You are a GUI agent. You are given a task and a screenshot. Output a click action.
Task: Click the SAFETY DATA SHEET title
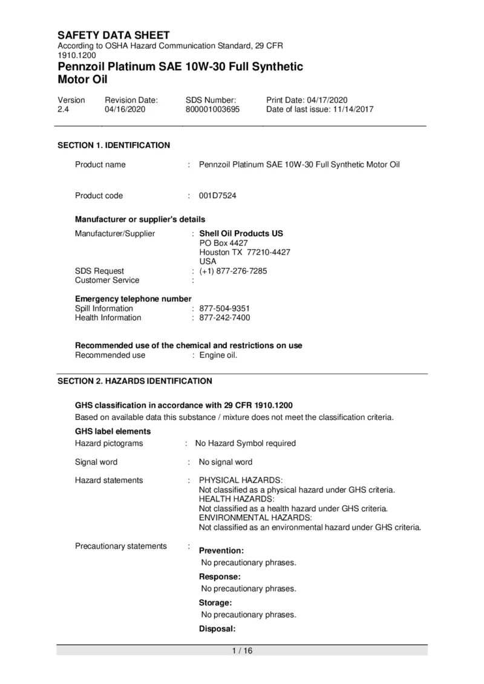click(x=113, y=36)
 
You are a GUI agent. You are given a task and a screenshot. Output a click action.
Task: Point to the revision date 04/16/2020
click(x=125, y=109)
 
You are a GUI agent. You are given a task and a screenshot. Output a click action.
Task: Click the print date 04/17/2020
click(x=327, y=100)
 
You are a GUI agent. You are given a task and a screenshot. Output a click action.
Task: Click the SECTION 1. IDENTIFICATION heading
click(x=114, y=145)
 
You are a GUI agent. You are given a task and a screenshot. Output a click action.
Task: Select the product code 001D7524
click(x=217, y=196)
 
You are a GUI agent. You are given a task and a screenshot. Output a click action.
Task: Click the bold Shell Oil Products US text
click(x=241, y=233)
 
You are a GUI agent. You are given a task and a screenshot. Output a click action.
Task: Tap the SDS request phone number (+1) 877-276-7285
click(x=233, y=271)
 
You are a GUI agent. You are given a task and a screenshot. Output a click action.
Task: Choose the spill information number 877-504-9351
click(x=224, y=308)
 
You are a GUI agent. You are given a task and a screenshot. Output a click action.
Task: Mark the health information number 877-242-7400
click(x=224, y=318)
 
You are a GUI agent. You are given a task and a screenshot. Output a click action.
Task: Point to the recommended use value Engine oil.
click(x=218, y=355)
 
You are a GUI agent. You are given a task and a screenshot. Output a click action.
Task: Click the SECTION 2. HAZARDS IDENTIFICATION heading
click(x=134, y=381)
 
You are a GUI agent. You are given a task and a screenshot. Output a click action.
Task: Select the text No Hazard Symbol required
click(x=245, y=444)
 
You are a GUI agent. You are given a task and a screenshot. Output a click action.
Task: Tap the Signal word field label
click(x=96, y=462)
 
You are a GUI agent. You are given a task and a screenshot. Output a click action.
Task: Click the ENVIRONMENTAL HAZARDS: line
click(x=255, y=518)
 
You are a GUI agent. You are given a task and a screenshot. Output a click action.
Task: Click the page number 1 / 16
click(x=242, y=651)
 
